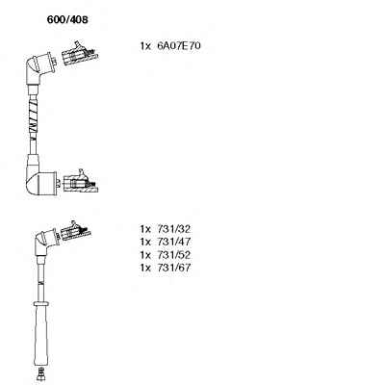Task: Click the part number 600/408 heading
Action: click(x=67, y=20)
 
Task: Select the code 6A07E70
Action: click(x=179, y=46)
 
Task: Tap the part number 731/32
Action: click(x=173, y=229)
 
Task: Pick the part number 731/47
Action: click(x=173, y=242)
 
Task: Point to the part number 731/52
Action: click(x=173, y=255)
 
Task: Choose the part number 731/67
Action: click(x=173, y=268)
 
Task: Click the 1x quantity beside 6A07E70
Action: click(x=145, y=46)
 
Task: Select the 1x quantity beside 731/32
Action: click(x=145, y=229)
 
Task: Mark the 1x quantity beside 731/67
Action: click(x=145, y=268)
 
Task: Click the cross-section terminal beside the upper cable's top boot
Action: click(x=79, y=53)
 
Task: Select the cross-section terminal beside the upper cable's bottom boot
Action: click(x=81, y=182)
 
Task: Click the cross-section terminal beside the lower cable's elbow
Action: click(x=76, y=231)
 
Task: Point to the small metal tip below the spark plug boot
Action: click(x=40, y=373)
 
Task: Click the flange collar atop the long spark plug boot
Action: click(x=41, y=303)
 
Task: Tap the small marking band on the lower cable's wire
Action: click(x=40, y=283)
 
